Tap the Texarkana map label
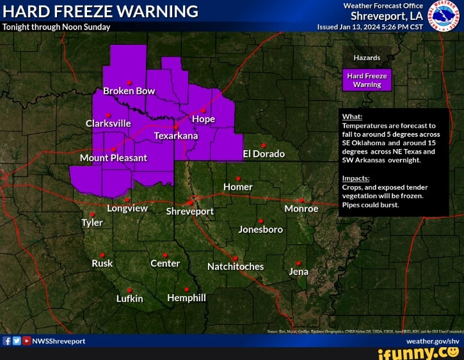tap(176, 136)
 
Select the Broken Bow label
tap(129, 91)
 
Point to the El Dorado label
tap(263, 154)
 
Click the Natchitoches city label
tap(236, 266)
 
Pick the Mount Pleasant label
tap(113, 157)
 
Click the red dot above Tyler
tap(92, 214)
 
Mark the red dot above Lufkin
tap(129, 290)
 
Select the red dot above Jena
tap(298, 263)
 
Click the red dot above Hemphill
tap(186, 289)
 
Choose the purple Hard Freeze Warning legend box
tap(367, 80)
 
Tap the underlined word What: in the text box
tap(352, 117)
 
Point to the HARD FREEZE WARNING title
tap(100, 12)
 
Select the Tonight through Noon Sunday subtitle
tap(56, 27)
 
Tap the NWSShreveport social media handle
tap(58, 341)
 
